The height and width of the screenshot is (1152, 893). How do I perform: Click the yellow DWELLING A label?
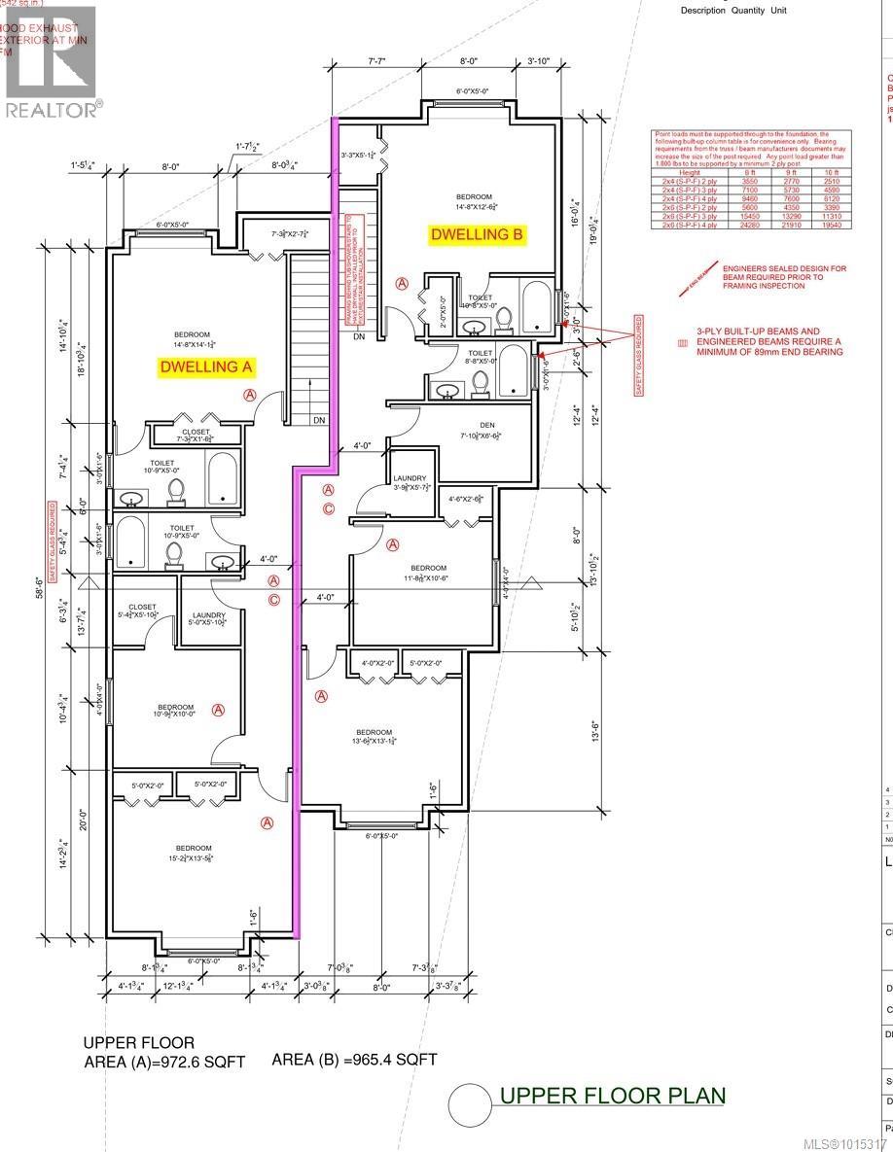click(205, 367)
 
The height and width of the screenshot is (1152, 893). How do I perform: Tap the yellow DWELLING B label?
click(478, 234)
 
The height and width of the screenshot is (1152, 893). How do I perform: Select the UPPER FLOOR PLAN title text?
click(612, 1096)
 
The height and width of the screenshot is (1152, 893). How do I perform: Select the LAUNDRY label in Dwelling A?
click(209, 615)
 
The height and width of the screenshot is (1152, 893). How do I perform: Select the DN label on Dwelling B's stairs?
click(358, 337)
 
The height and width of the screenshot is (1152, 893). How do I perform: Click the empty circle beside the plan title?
click(469, 1103)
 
